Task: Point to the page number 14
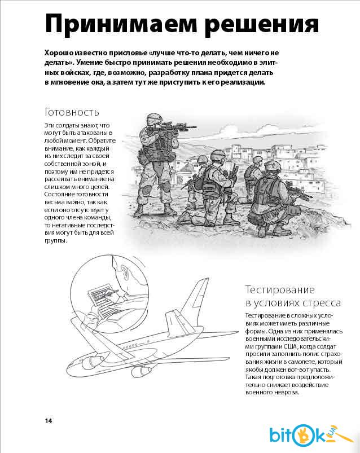point(49,421)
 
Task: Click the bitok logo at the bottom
point(308,435)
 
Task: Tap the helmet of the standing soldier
point(153,119)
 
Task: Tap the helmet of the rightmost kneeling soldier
point(273,166)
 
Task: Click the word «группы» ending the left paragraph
point(55,240)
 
